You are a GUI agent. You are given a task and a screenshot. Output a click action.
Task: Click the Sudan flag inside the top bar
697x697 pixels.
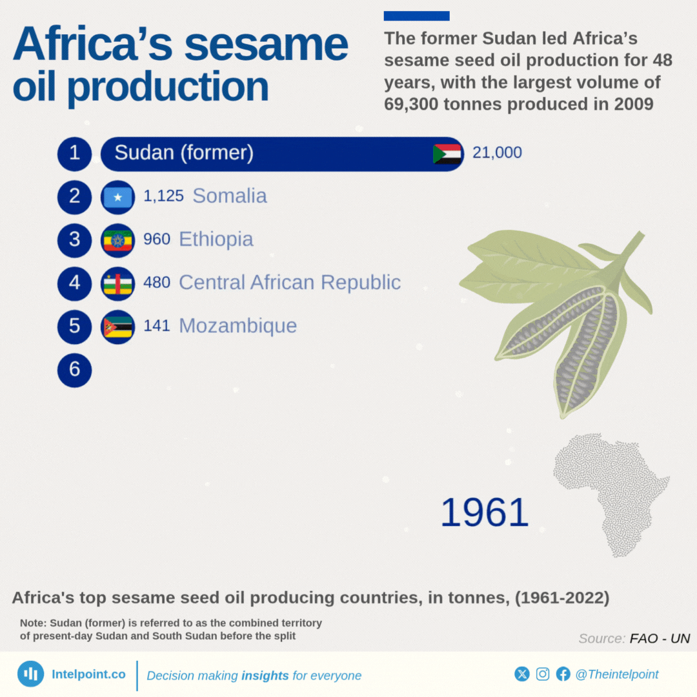point(447,154)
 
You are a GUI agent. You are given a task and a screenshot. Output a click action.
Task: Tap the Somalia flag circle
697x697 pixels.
point(118,197)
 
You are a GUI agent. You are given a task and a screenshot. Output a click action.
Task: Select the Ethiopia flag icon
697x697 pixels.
point(118,241)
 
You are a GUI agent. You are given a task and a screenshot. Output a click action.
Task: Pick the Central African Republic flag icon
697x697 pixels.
point(118,283)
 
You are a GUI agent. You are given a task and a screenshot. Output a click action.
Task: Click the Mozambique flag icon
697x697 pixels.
point(118,327)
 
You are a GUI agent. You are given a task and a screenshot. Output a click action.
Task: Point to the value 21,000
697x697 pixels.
point(497,152)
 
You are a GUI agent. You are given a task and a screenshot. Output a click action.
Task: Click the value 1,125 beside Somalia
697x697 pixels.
point(163,196)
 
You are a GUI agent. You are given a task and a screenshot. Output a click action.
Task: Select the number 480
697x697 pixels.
point(156,282)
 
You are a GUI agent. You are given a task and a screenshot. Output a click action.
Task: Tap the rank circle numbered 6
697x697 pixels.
point(75,370)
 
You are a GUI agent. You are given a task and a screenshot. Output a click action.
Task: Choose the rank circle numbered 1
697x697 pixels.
point(75,154)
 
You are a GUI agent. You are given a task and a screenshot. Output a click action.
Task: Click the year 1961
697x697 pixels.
point(484,512)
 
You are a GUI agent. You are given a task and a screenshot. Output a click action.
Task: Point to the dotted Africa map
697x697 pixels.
point(611,494)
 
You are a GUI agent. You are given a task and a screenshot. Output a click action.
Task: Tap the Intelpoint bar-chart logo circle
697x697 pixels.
point(31,674)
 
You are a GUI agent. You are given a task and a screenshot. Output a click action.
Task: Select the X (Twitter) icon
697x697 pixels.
point(522,674)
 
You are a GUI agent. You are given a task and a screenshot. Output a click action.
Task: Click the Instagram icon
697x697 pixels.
point(542,674)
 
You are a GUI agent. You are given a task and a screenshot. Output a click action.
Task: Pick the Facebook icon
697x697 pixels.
point(563,674)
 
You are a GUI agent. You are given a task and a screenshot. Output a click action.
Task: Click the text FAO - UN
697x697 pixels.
point(660,638)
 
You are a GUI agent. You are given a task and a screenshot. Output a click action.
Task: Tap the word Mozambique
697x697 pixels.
point(237,326)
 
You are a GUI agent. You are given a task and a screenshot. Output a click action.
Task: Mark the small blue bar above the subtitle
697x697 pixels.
point(416,16)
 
